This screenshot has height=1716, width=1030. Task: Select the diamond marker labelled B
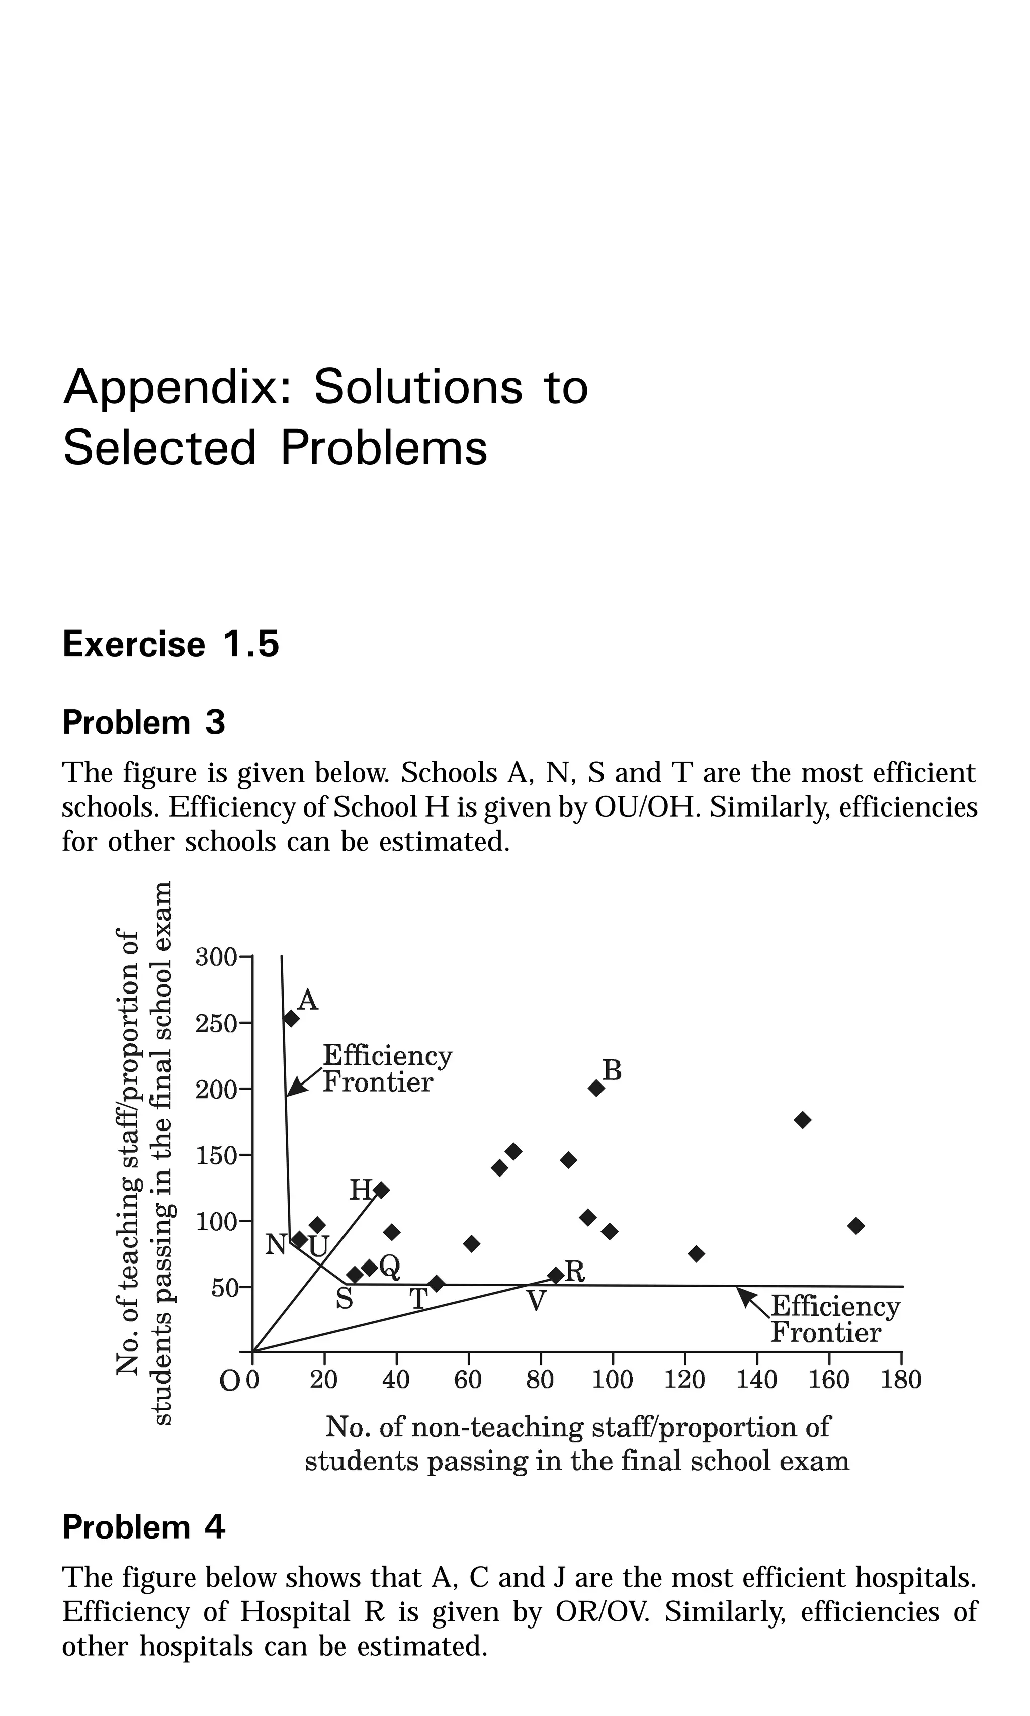(596, 1088)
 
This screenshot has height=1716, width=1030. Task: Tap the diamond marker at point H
(381, 1190)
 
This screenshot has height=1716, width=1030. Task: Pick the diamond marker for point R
(556, 1275)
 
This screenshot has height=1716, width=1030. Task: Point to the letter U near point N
(318, 1247)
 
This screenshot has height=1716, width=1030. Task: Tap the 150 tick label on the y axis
(216, 1156)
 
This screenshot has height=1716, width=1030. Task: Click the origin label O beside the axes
(228, 1381)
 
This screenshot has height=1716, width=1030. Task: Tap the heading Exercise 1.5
(170, 644)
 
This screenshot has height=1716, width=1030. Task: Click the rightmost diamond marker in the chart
(856, 1225)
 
